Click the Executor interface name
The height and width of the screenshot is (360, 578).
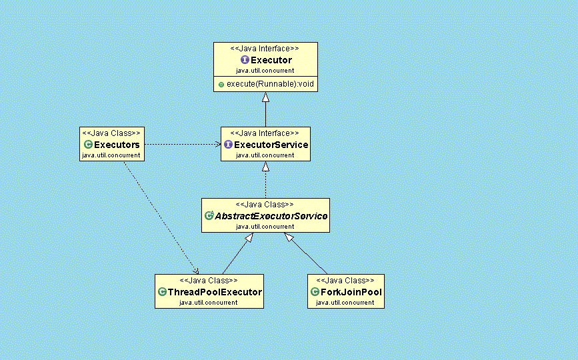click(271, 61)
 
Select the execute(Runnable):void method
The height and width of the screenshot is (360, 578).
click(269, 85)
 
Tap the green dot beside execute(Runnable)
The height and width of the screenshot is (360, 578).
click(221, 85)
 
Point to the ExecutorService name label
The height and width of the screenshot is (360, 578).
click(271, 145)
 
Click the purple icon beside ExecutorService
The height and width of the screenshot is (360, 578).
click(228, 145)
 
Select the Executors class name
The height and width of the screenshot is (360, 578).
click(117, 145)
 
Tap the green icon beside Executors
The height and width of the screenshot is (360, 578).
click(87, 145)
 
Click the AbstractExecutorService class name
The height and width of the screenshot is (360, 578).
click(271, 216)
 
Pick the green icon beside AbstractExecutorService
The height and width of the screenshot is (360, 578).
click(209, 216)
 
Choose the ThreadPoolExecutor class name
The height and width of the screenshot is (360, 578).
click(214, 292)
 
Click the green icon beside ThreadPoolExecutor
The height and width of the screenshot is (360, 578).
click(162, 292)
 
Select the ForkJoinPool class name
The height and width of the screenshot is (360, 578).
click(351, 292)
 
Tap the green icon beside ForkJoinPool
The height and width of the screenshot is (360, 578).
click(315, 292)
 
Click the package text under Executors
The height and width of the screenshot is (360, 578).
click(111, 155)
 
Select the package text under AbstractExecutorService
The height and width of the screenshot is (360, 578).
click(265, 227)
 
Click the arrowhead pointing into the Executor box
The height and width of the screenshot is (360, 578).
click(265, 97)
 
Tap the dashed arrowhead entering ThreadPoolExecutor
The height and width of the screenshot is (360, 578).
click(196, 270)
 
